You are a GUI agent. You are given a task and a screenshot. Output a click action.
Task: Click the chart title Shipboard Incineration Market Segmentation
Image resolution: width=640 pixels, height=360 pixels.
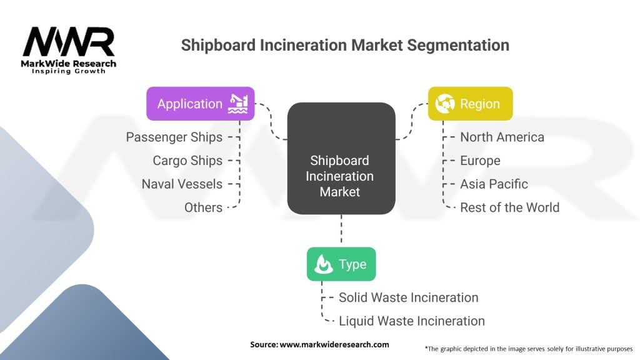pyautogui.click(x=345, y=45)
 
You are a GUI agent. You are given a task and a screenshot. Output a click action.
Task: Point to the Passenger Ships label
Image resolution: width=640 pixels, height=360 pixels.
pyautogui.click(x=174, y=137)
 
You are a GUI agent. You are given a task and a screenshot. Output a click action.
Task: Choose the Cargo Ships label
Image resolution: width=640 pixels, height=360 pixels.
pyautogui.click(x=187, y=161)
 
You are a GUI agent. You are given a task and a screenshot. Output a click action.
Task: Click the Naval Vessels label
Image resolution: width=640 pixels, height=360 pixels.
pyautogui.click(x=182, y=184)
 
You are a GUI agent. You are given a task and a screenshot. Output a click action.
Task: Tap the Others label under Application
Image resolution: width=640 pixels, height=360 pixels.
pyautogui.click(x=203, y=207)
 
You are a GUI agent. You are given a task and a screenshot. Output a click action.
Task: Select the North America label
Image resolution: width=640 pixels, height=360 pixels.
pyautogui.click(x=502, y=137)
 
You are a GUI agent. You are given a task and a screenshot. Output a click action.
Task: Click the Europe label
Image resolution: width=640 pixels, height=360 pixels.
pyautogui.click(x=480, y=161)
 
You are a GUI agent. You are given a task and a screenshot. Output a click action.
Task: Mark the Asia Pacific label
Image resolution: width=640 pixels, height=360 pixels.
pyautogui.click(x=494, y=184)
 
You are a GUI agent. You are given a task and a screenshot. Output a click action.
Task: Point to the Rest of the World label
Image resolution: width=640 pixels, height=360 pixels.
pyautogui.click(x=509, y=207)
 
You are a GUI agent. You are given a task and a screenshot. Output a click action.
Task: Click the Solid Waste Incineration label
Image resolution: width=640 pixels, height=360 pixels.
pyautogui.click(x=408, y=297)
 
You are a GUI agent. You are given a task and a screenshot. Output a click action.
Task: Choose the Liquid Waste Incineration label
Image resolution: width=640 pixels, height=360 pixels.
pyautogui.click(x=411, y=321)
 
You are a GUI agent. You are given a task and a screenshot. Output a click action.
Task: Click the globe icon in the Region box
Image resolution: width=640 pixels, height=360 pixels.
pyautogui.click(x=445, y=104)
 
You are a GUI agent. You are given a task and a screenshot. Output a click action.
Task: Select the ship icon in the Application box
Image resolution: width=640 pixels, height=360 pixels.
pyautogui.click(x=238, y=104)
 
